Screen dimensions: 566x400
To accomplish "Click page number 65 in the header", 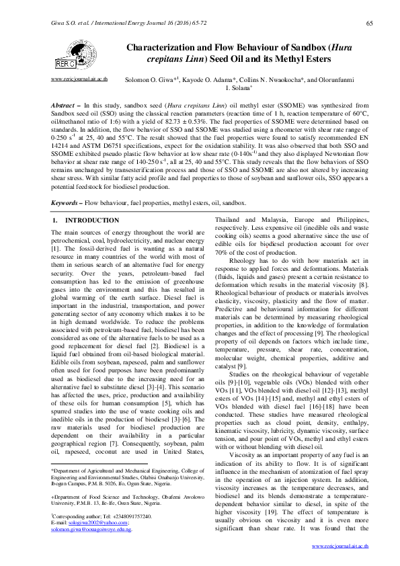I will pyautogui.click(x=369, y=24).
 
